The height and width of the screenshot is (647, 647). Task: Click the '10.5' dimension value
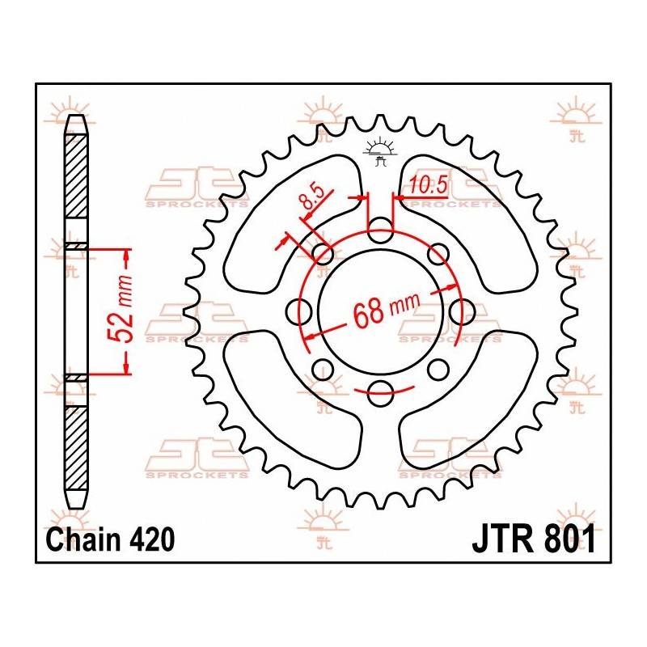(428, 185)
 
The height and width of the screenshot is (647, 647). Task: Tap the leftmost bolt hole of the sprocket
(300, 311)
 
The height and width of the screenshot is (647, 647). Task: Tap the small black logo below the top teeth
(380, 151)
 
